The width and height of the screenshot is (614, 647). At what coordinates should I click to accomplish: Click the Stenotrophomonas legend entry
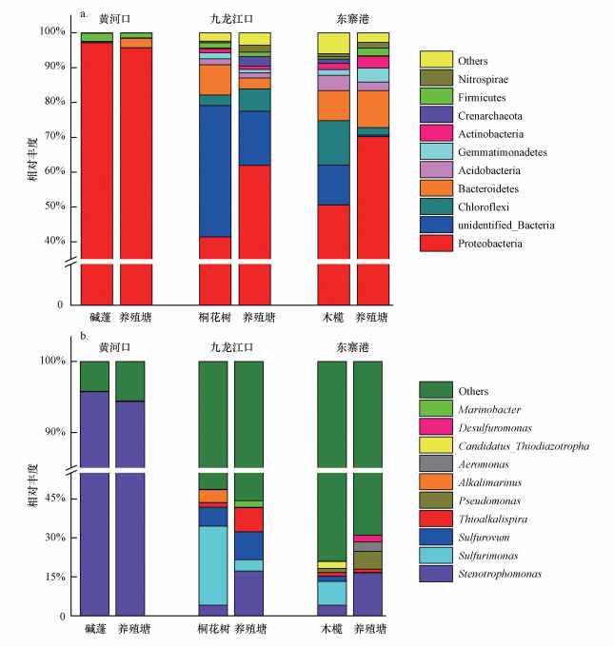(501, 574)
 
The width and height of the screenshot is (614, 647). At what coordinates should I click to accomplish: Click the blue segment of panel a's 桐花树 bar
(214, 171)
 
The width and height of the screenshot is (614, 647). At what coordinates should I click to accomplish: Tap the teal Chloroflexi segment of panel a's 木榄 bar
(333, 143)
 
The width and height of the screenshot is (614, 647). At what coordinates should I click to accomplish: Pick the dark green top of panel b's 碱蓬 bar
(94, 376)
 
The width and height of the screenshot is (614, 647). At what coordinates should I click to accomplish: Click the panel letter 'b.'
(85, 336)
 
